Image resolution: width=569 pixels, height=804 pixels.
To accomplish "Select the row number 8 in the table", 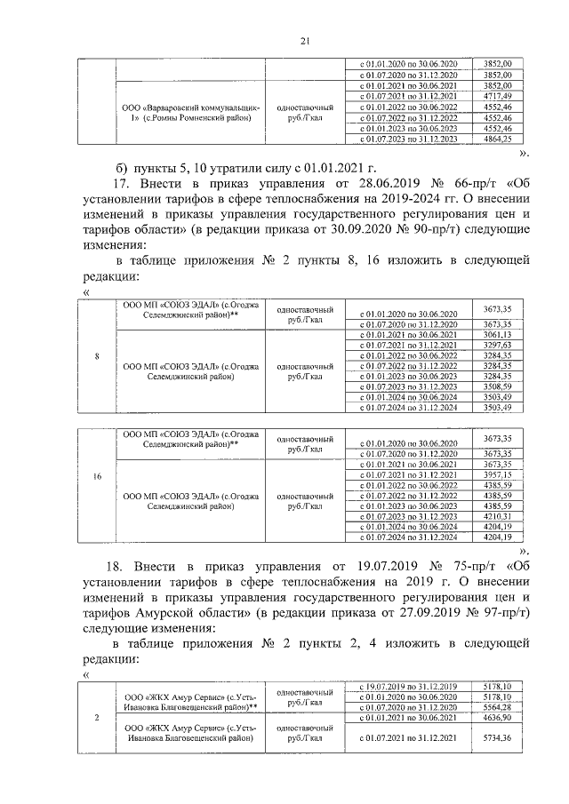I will (x=96, y=357).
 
